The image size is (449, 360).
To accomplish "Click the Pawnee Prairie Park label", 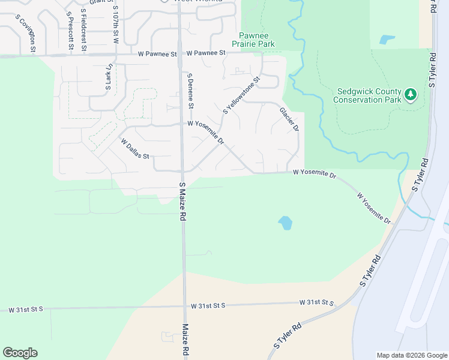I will pyautogui.click(x=257, y=40).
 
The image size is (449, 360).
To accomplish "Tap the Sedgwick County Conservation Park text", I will pyautogui.click(x=368, y=95).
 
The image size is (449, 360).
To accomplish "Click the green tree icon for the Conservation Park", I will pyautogui.click(x=411, y=94).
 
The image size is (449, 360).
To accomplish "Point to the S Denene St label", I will pyautogui.click(x=190, y=91).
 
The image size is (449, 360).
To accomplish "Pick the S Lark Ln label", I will pyautogui.click(x=109, y=77).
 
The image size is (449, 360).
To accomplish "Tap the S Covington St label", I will pyautogui.click(x=28, y=33).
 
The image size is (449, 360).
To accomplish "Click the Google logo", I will pyautogui.click(x=20, y=353).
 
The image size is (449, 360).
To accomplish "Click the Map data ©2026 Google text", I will pyautogui.click(x=411, y=355).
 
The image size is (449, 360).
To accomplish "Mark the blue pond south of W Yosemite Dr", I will pyautogui.click(x=285, y=224).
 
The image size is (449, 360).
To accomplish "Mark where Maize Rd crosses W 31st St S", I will pyautogui.click(x=183, y=306).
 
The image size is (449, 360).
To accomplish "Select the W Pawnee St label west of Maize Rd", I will pyautogui.click(x=157, y=53).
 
